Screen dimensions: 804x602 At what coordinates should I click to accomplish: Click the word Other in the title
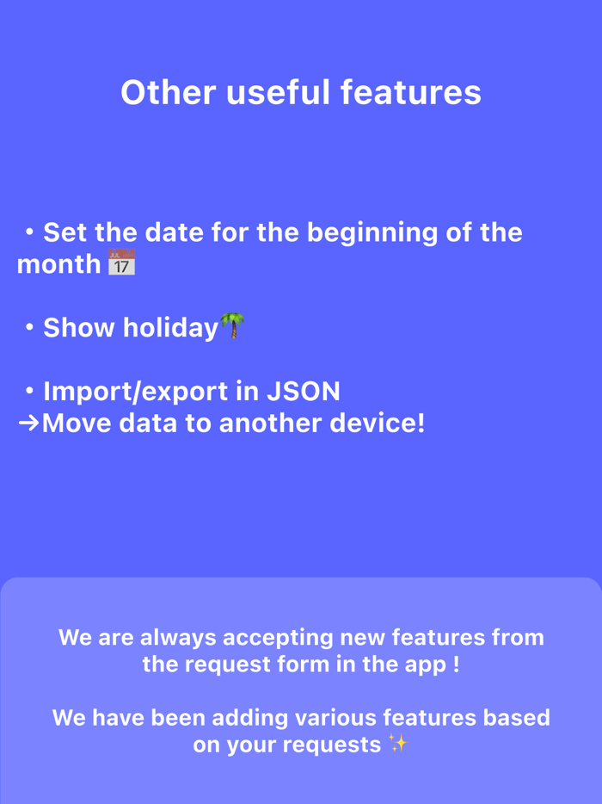(x=168, y=93)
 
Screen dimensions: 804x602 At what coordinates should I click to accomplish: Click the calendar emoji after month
(x=121, y=263)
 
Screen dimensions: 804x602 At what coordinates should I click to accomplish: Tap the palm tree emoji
(x=232, y=326)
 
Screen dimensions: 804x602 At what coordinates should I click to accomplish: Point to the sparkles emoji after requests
(x=397, y=743)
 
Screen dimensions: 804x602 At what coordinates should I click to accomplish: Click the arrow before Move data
(x=28, y=423)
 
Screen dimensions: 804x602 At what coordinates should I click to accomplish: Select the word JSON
(x=303, y=392)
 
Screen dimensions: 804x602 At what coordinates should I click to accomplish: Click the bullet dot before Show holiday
(x=29, y=328)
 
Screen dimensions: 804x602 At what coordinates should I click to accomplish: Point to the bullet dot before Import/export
(x=29, y=392)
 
